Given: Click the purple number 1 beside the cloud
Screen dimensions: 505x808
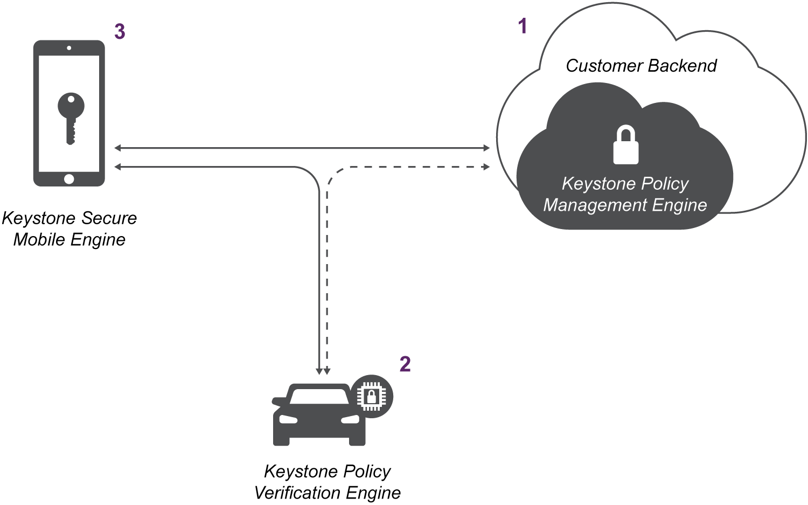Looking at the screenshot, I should pyautogui.click(x=522, y=26).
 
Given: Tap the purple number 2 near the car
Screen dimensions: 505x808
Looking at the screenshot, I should pyautogui.click(x=405, y=364).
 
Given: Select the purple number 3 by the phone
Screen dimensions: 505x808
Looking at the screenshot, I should pyautogui.click(x=120, y=32).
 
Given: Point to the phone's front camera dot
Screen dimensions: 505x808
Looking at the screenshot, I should pyautogui.click(x=69, y=48).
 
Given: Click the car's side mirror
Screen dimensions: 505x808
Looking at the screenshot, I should pyautogui.click(x=278, y=401).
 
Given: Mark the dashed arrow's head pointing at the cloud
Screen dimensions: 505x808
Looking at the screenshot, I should pyautogui.click(x=486, y=167).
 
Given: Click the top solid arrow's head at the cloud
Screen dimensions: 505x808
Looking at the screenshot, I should pyautogui.click(x=486, y=148).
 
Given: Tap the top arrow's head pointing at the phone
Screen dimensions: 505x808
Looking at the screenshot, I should pyautogui.click(x=117, y=148).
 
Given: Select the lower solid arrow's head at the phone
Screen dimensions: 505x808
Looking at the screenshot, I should pyautogui.click(x=117, y=167).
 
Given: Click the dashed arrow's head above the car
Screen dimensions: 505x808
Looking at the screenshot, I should pyautogui.click(x=327, y=371).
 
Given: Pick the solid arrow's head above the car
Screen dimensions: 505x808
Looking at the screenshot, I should pyautogui.click(x=319, y=371).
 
